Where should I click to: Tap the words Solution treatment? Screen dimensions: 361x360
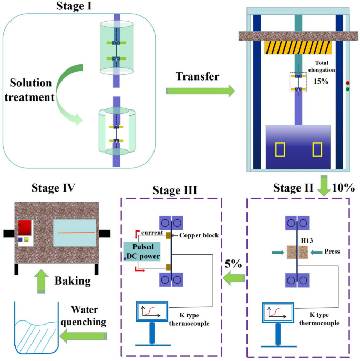click(x=30, y=90)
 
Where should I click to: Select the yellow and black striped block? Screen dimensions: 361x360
click(x=299, y=47)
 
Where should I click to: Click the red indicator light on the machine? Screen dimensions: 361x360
click(x=347, y=83)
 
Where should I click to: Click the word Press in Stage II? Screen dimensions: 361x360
click(x=332, y=252)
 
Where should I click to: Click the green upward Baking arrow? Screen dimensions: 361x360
click(x=42, y=282)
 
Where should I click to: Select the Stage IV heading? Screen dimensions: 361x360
click(x=53, y=187)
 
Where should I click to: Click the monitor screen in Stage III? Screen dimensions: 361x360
click(x=152, y=313)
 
